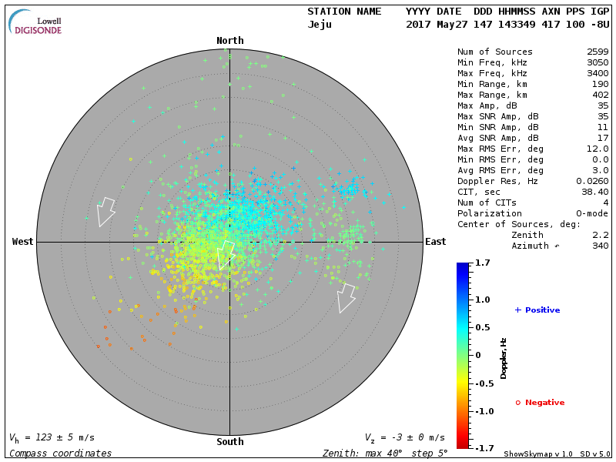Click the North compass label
coord(229,41)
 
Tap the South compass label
coord(229,442)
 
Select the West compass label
coord(22,242)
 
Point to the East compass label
coord(435,242)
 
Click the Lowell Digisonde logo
coord(36,22)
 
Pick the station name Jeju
coord(320,25)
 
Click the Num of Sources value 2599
coord(597,52)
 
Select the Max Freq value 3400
coord(597,74)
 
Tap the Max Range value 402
coord(600,95)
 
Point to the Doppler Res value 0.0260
coord(593,181)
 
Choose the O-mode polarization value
coord(590,213)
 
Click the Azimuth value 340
coord(600,246)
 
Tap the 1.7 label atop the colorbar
coord(483,263)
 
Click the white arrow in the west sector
coord(105,211)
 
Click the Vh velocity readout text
coord(52,437)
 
